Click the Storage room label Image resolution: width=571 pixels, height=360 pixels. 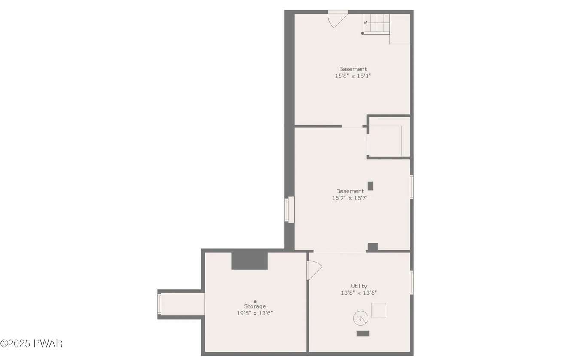pyautogui.click(x=255, y=306)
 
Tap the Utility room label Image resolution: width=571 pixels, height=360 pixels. pyautogui.click(x=359, y=286)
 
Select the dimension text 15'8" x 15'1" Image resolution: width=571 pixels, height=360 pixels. pyautogui.click(x=353, y=76)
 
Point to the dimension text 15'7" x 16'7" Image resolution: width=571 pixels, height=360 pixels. pyautogui.click(x=350, y=198)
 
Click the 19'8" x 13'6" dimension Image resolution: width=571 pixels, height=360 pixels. pyautogui.click(x=255, y=313)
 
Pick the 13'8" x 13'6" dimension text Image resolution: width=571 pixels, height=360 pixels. pyautogui.click(x=359, y=293)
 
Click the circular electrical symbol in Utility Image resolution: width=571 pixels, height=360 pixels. pyautogui.click(x=361, y=318)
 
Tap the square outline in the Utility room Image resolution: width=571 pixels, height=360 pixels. pyautogui.click(x=378, y=310)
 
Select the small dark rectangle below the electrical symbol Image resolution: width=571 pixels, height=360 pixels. pyautogui.click(x=363, y=333)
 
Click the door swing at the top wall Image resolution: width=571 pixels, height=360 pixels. pyautogui.click(x=337, y=19)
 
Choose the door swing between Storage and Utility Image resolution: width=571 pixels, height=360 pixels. pyautogui.click(x=314, y=270)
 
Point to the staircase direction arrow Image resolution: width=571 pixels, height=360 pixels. pyautogui.click(x=377, y=23)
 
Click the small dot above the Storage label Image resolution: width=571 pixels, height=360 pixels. pyautogui.click(x=255, y=301)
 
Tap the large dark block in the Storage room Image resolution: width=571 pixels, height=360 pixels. pyautogui.click(x=249, y=260)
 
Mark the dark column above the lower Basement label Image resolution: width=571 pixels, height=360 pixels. pyautogui.click(x=370, y=186)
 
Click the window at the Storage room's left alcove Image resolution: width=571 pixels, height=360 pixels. pyautogui.click(x=159, y=304)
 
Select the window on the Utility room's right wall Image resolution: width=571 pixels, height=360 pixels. pyautogui.click(x=411, y=282)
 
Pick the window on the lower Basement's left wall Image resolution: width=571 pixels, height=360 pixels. pyautogui.click(x=289, y=209)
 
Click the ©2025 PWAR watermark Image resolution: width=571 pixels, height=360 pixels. pyautogui.click(x=31, y=344)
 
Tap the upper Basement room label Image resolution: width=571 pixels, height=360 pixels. pyautogui.click(x=353, y=69)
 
